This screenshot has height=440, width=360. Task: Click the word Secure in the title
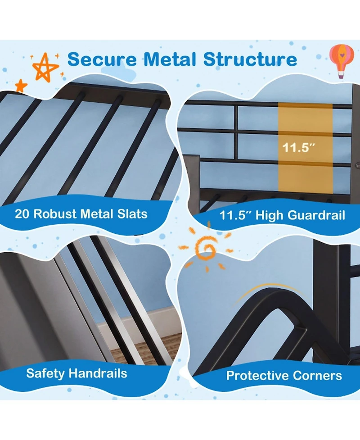(102, 59)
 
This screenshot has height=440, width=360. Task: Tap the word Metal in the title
(170, 59)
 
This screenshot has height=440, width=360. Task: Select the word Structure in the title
(250, 59)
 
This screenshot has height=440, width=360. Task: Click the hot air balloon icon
(342, 61)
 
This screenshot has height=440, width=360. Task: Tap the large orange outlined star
(45, 68)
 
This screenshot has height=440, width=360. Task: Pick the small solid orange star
(21, 86)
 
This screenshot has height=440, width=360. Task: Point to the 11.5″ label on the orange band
(299, 147)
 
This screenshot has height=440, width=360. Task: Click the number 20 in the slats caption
(22, 214)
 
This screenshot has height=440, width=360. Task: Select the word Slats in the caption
(132, 214)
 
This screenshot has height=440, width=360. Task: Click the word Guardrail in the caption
(316, 215)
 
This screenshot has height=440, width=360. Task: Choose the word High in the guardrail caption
(270, 216)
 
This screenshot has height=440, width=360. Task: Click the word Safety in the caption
(45, 373)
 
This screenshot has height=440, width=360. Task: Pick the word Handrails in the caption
(98, 373)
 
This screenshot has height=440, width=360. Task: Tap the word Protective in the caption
(257, 376)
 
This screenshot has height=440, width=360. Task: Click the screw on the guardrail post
(358, 166)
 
